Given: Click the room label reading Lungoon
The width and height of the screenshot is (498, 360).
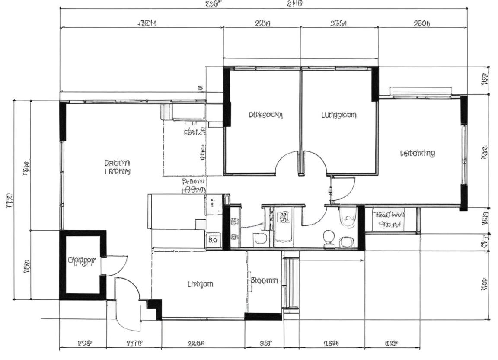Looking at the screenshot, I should tap(339, 115).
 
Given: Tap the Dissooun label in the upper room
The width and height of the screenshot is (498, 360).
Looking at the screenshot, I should tap(265, 115).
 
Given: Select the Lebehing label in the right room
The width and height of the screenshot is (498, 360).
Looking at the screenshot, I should tap(417, 153).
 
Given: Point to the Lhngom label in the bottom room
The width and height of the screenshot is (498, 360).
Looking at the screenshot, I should tap(200, 284).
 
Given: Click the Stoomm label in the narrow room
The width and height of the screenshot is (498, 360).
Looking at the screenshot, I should tap(264, 280).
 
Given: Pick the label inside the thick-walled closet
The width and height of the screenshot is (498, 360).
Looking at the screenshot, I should tap(81, 260).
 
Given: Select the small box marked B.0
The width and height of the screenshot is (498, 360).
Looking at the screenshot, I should tap(213, 239).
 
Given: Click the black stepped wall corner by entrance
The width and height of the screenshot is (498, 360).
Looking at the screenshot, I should tap(154, 307).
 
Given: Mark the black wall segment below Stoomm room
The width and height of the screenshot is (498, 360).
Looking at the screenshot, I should tap(263, 317).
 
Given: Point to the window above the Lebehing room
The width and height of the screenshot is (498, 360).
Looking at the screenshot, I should tap(420, 91).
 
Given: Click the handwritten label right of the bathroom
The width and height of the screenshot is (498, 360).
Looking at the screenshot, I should tap(389, 219).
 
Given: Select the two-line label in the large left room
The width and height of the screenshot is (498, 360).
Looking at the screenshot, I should tap(117, 167).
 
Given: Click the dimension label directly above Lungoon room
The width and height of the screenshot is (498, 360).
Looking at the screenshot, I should tap(338, 24).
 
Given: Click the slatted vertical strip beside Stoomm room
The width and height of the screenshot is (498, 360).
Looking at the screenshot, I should tap(291, 283).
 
